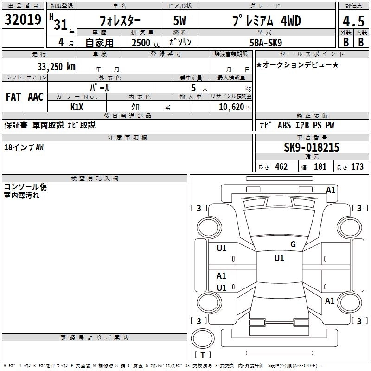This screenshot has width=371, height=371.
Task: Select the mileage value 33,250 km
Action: click(x=56, y=66)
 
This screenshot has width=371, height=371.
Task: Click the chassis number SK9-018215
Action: click(x=312, y=147)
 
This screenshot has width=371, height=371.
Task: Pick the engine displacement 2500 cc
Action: click(x=141, y=43)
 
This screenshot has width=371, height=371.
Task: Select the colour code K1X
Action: click(x=77, y=107)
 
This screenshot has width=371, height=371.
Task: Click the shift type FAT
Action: click(x=13, y=97)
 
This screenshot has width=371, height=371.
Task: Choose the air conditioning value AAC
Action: click(x=36, y=97)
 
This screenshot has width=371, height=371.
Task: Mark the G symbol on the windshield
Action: click(x=293, y=244)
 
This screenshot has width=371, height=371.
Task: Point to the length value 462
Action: click(x=281, y=167)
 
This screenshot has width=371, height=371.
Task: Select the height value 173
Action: click(x=357, y=167)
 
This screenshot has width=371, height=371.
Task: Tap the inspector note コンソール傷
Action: click(x=26, y=187)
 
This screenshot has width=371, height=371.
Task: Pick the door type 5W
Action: click(x=180, y=21)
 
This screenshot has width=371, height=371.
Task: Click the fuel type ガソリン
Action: click(x=180, y=42)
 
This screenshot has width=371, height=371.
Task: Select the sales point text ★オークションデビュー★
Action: click(x=297, y=64)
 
